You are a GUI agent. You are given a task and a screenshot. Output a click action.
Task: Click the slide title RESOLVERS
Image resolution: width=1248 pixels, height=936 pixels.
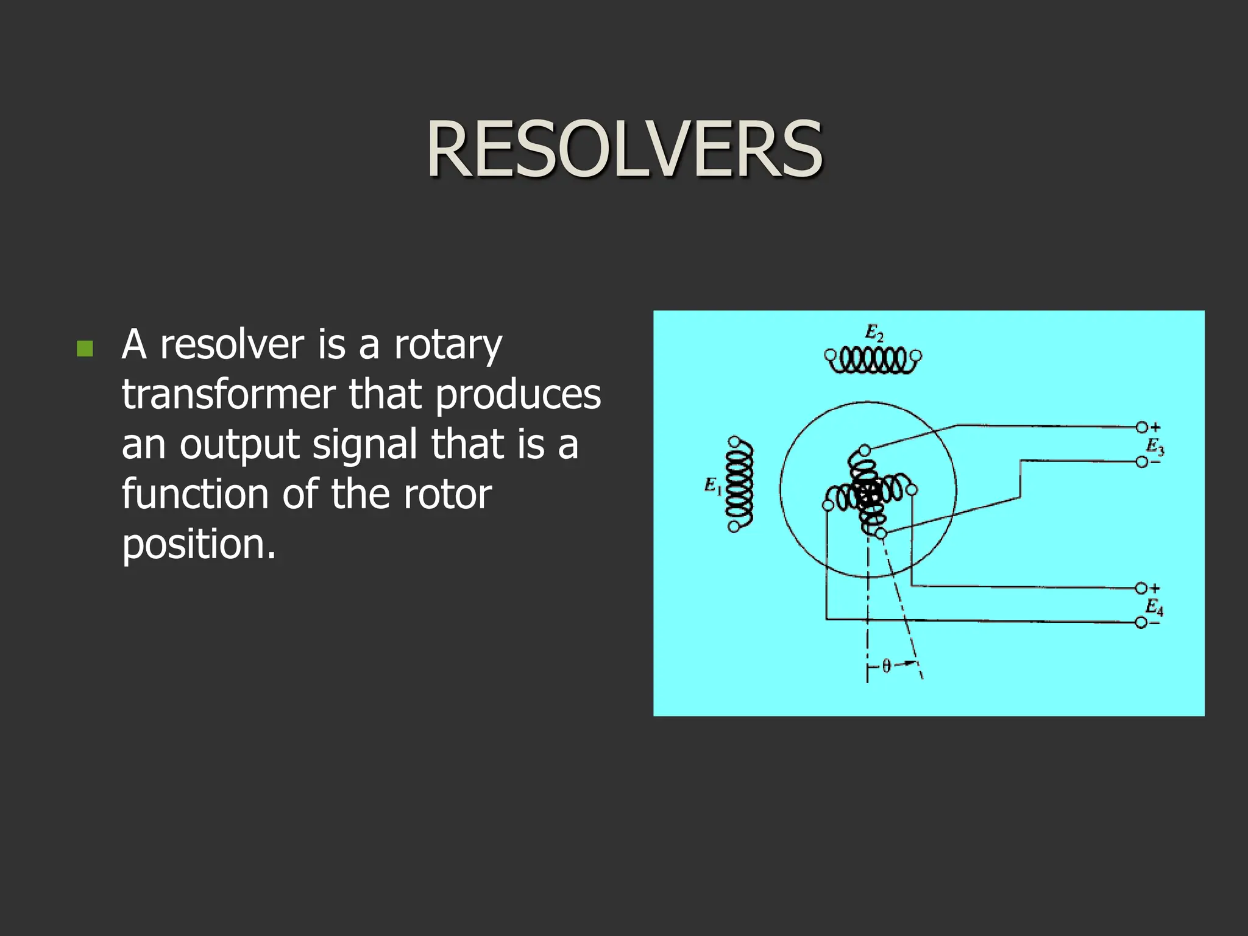tap(624, 149)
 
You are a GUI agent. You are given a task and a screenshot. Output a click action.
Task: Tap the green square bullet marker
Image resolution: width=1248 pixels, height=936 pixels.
tap(85, 349)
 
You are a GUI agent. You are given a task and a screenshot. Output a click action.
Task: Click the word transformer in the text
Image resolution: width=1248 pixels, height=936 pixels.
tap(228, 394)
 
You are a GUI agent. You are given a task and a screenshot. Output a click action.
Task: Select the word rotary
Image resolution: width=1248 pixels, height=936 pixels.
tap(448, 345)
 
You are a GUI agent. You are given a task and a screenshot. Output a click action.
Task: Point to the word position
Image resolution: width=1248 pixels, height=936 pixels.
tap(198, 544)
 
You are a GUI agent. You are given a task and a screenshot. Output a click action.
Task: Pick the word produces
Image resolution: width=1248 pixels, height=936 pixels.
tap(517, 394)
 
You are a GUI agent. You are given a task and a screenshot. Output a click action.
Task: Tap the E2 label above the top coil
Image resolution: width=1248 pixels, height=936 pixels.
tap(874, 333)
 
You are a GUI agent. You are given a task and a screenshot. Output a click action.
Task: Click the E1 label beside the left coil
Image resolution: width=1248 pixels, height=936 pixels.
tap(712, 486)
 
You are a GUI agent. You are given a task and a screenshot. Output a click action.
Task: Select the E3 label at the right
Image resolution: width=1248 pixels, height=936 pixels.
tap(1155, 446)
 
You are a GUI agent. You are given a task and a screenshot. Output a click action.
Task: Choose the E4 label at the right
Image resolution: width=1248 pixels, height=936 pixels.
tap(1154, 606)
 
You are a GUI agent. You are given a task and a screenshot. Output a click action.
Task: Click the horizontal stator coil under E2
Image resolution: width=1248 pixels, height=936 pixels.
tap(873, 360)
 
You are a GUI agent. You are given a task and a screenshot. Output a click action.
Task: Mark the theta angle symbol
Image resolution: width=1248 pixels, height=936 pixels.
tap(886, 666)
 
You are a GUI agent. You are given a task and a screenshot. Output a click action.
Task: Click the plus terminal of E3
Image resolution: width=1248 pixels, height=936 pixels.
tap(1142, 427)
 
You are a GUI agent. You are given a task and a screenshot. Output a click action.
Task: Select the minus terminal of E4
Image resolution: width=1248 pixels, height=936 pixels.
tap(1141, 623)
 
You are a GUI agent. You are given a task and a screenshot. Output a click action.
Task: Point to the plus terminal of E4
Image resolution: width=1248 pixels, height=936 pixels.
tap(1141, 588)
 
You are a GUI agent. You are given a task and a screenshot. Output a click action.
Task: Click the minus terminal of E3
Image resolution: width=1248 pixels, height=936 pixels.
tap(1142, 463)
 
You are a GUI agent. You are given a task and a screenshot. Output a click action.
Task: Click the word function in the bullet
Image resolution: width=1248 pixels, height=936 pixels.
tap(194, 494)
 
